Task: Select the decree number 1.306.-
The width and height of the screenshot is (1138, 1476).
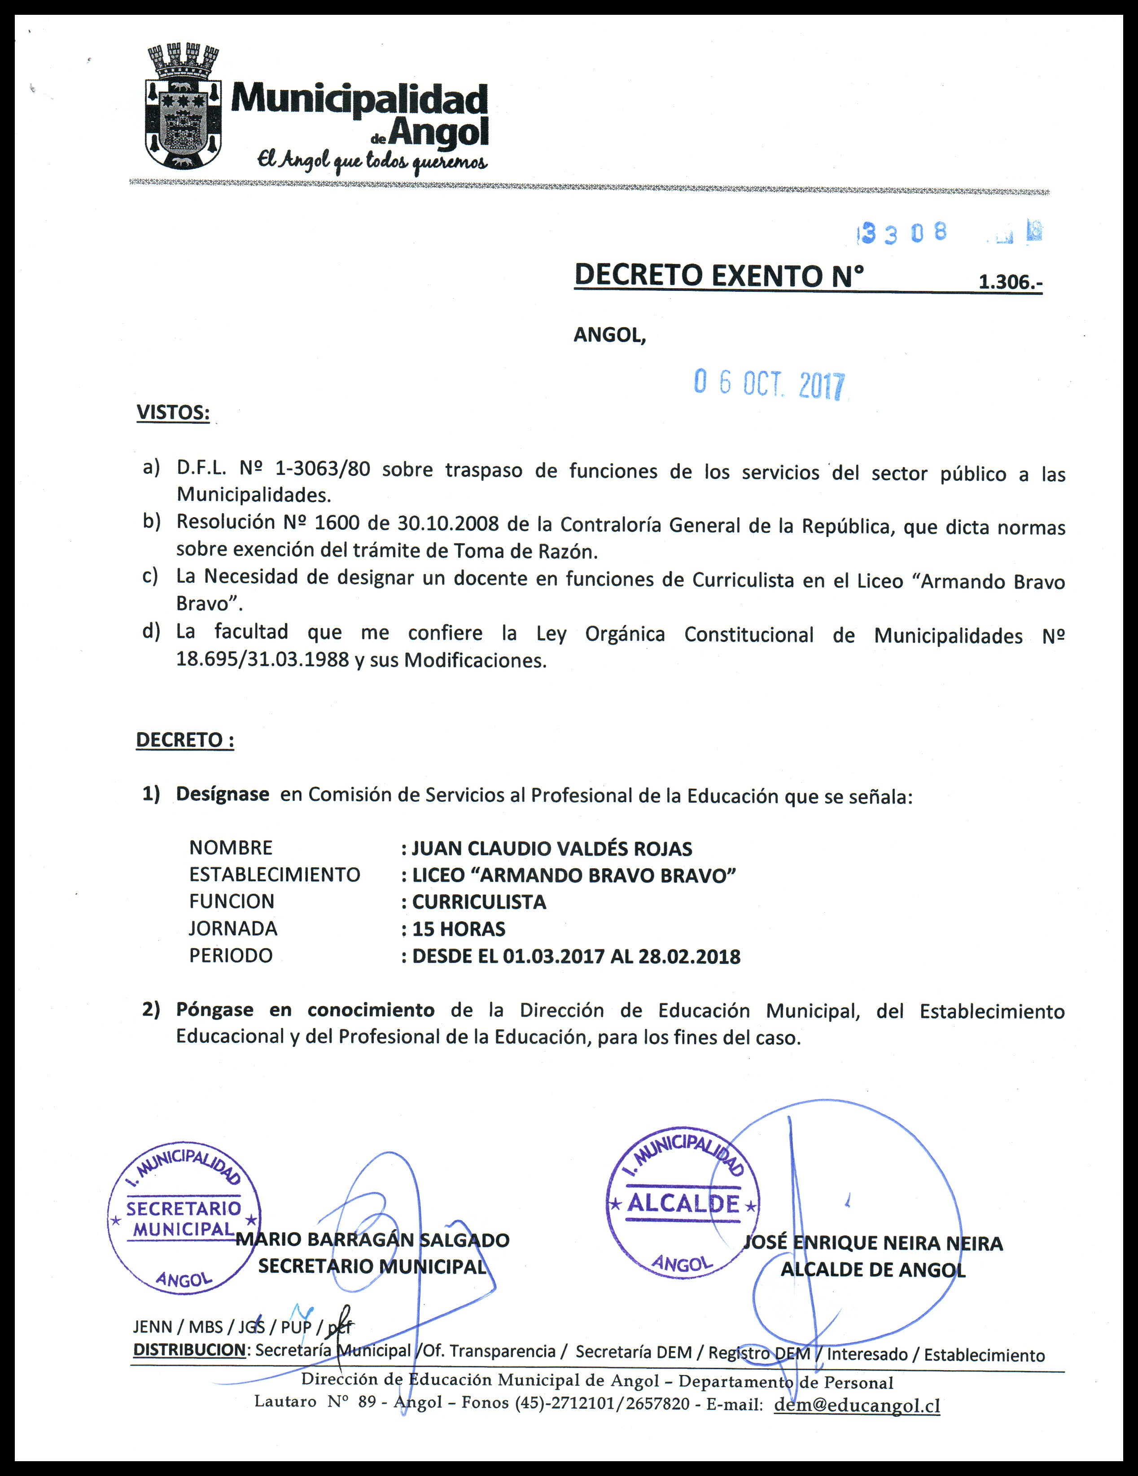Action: (x=1010, y=282)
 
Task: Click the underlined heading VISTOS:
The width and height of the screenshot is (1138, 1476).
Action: (x=173, y=412)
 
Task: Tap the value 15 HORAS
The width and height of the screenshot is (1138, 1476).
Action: (x=459, y=929)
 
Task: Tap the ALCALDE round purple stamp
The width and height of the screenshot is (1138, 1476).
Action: (x=683, y=1204)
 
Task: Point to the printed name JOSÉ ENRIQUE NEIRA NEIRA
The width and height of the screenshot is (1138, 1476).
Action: (x=873, y=1243)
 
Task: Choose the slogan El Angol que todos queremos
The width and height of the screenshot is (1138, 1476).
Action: (x=371, y=161)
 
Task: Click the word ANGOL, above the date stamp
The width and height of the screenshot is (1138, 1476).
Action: (x=609, y=336)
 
